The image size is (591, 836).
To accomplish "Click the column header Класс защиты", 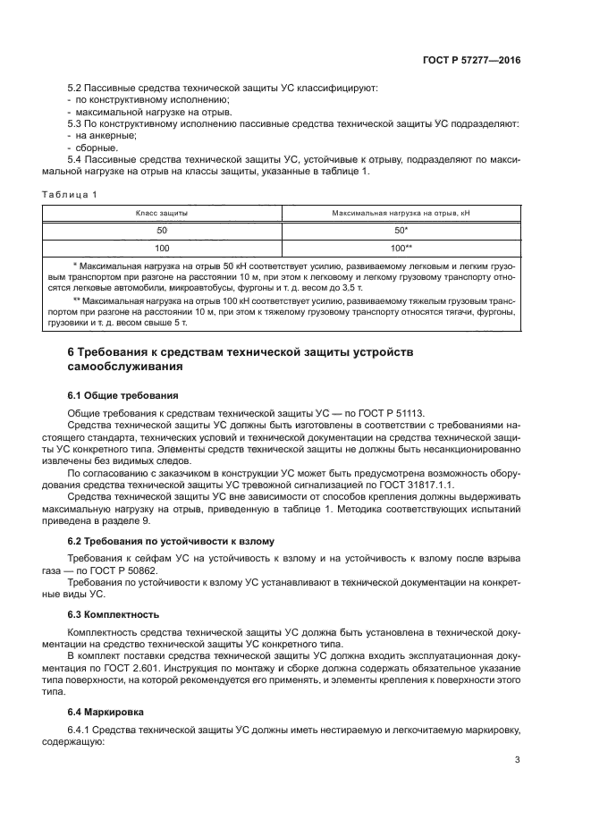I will click(x=162, y=215).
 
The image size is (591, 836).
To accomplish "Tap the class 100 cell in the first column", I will click(x=162, y=247).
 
